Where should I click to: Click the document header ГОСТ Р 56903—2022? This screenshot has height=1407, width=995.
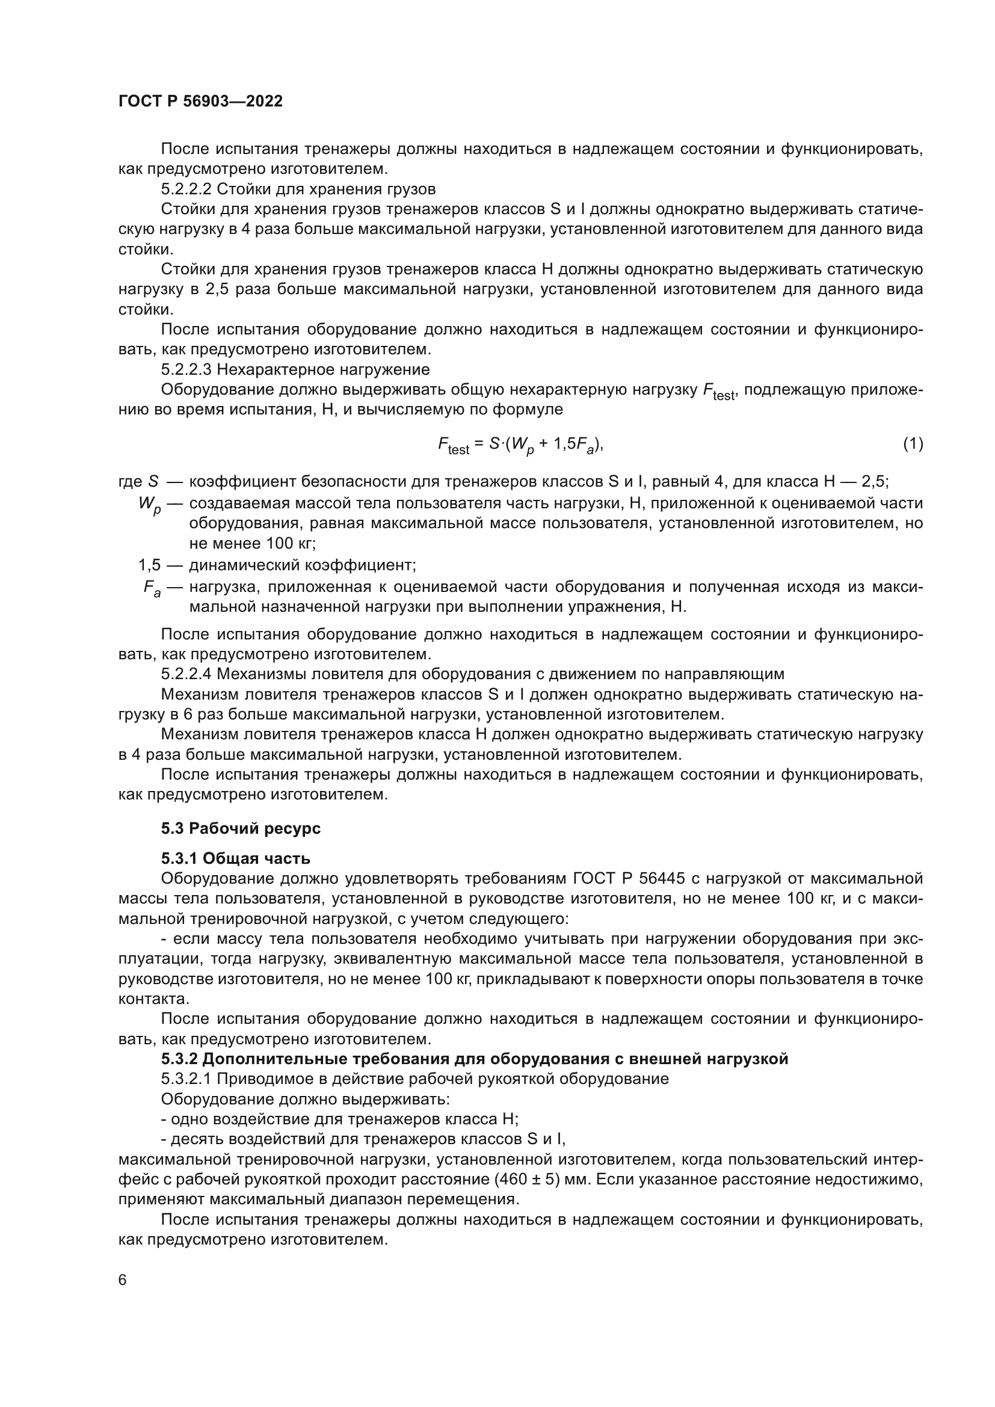pos(200,102)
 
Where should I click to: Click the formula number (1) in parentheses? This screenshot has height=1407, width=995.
pos(913,443)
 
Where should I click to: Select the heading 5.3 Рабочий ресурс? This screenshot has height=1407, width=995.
pos(241,828)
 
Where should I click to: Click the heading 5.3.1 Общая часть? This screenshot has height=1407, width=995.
pos(235,858)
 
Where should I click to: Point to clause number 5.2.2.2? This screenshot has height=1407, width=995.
pos(186,189)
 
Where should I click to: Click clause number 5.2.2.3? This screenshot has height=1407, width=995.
pos(186,369)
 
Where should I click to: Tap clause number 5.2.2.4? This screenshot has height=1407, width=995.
pos(186,674)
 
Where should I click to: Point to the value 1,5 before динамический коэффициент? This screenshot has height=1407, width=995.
pos(150,564)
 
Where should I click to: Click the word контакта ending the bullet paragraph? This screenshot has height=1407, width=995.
pos(153,999)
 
